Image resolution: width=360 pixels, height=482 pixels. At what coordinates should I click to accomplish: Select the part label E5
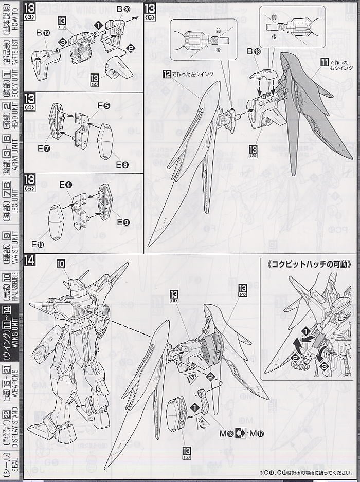(x=103, y=106)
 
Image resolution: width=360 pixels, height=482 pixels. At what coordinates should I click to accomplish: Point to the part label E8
(x=122, y=165)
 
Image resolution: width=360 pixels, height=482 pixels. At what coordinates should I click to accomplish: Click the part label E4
(x=65, y=184)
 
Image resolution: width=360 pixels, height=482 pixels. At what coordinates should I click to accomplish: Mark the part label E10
(x=38, y=243)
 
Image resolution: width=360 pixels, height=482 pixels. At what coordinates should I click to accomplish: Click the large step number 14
(x=30, y=261)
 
